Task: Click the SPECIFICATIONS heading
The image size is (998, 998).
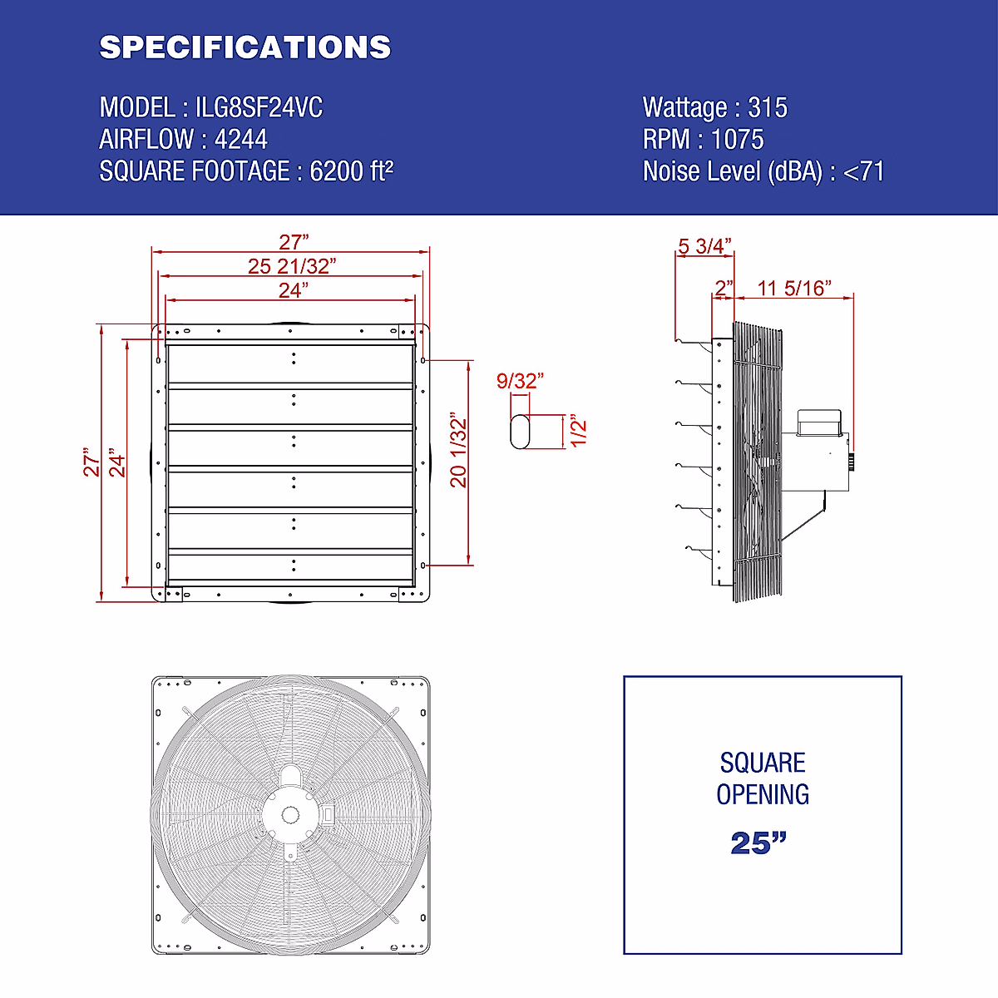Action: pyautogui.click(x=245, y=47)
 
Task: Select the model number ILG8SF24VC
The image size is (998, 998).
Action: pyautogui.click(x=259, y=107)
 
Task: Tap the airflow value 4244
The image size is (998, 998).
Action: pyautogui.click(x=241, y=139)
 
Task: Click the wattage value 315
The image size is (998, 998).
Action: pyautogui.click(x=767, y=107)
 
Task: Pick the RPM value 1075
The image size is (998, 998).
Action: pyautogui.click(x=737, y=139)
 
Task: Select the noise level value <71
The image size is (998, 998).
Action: pyautogui.click(x=863, y=171)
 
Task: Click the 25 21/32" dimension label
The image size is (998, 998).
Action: pyautogui.click(x=292, y=266)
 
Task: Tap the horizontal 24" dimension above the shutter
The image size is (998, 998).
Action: pyautogui.click(x=294, y=290)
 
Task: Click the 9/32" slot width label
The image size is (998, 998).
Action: pyautogui.click(x=520, y=381)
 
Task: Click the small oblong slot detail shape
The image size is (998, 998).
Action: pyautogui.click(x=520, y=432)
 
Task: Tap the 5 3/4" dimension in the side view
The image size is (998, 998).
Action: pyautogui.click(x=704, y=246)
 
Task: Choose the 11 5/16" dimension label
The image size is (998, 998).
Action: pyautogui.click(x=794, y=288)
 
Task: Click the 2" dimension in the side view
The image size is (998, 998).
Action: pyautogui.click(x=724, y=288)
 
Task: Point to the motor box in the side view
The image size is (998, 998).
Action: pyautogui.click(x=821, y=422)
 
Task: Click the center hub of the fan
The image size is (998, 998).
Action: pyautogui.click(x=290, y=814)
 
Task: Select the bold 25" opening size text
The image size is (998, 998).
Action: pyautogui.click(x=758, y=842)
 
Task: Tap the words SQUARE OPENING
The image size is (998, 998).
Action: pyautogui.click(x=762, y=778)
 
